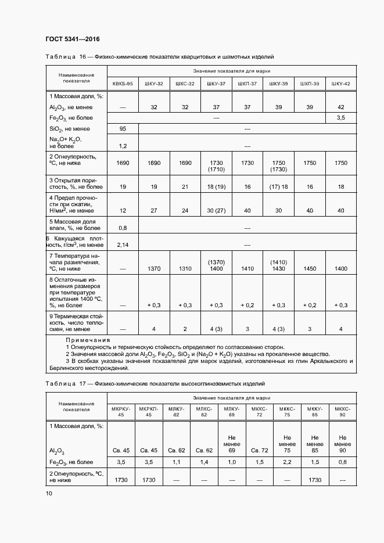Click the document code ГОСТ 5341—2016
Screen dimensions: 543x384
(72, 39)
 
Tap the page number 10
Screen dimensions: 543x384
(49, 493)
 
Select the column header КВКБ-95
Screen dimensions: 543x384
(123, 84)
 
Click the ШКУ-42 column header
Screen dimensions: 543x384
(340, 84)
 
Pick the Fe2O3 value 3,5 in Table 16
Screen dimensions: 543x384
(340, 118)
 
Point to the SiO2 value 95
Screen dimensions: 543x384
(123, 128)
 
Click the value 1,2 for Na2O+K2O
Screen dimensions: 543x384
(123, 146)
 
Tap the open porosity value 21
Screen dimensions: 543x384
(185, 188)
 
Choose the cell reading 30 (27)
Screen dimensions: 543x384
(216, 210)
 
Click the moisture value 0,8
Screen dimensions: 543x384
(123, 228)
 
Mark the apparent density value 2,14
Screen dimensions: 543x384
(123, 245)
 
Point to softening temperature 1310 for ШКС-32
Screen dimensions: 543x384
(185, 269)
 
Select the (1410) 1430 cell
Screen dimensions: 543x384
(278, 265)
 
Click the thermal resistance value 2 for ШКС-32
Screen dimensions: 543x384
(185, 329)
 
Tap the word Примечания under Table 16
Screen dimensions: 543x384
(88, 340)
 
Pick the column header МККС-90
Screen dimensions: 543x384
(342, 411)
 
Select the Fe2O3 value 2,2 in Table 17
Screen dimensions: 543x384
(286, 462)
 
